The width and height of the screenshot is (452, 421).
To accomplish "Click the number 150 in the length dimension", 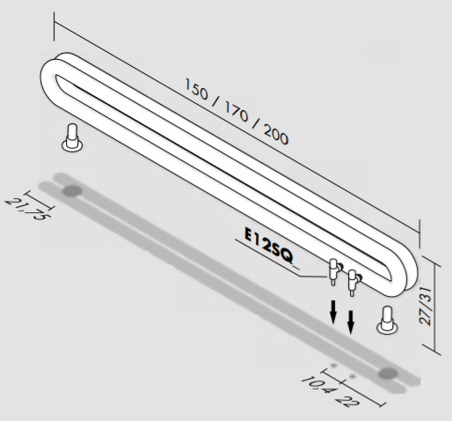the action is (x=196, y=89).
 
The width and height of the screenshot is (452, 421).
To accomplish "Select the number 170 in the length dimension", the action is (x=236, y=112).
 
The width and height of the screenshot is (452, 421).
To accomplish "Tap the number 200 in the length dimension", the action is (x=276, y=134).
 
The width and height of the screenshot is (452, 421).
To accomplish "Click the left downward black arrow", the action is (x=333, y=312).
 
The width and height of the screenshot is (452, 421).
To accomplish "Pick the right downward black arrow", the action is (x=351, y=322).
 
